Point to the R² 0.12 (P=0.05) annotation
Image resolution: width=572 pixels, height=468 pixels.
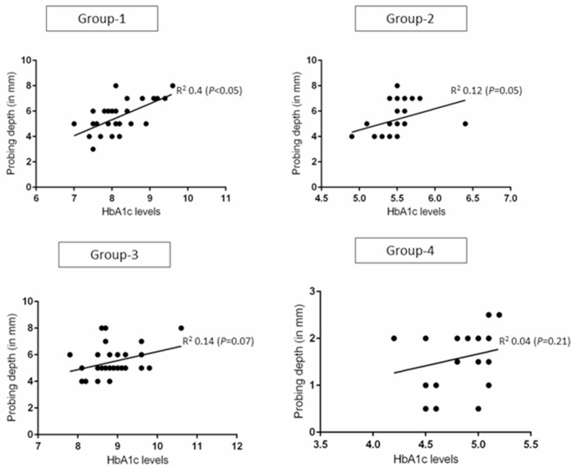click(x=486, y=90)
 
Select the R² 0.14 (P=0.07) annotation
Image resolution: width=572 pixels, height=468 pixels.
click(x=217, y=341)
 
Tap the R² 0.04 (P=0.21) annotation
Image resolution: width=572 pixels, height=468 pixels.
click(x=534, y=341)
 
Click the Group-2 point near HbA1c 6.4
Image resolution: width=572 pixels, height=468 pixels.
click(x=465, y=123)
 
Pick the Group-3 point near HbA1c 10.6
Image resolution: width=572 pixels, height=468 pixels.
click(x=181, y=328)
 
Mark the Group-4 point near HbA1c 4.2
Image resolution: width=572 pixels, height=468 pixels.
click(x=393, y=338)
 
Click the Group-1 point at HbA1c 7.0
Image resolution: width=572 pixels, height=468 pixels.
click(x=74, y=124)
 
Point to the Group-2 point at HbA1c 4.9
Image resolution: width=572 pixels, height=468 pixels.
click(x=352, y=136)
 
